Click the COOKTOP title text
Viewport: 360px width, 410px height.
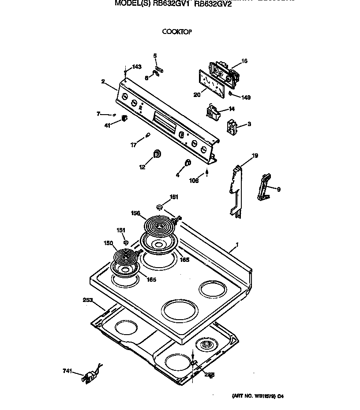coord(176,32)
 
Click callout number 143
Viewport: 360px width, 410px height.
coord(137,67)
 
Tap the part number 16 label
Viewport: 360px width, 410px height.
coord(244,61)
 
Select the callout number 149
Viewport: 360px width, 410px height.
coord(246,97)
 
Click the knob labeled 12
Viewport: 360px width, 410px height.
coord(157,153)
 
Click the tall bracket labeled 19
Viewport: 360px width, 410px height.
coord(236,190)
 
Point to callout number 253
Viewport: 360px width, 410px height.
coord(88,300)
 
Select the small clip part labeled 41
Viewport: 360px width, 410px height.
coord(124,118)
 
